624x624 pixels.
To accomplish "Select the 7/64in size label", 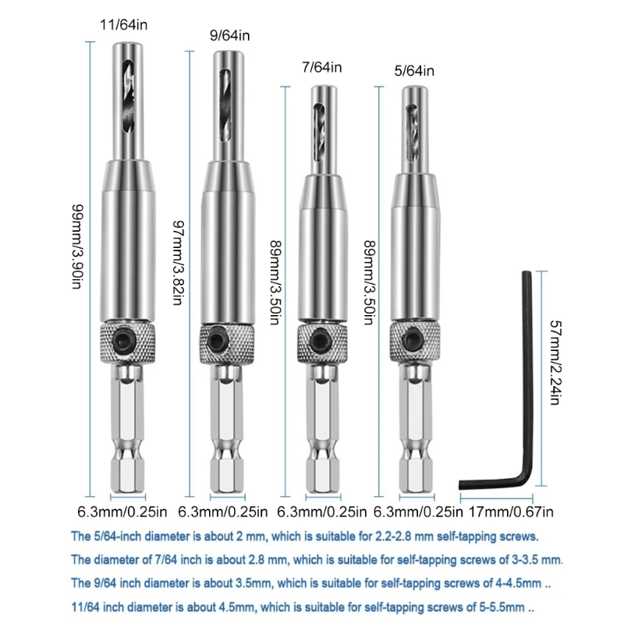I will coord(321,68).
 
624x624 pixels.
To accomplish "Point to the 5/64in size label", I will coord(413,72).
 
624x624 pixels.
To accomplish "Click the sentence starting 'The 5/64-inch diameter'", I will coord(304,537).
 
